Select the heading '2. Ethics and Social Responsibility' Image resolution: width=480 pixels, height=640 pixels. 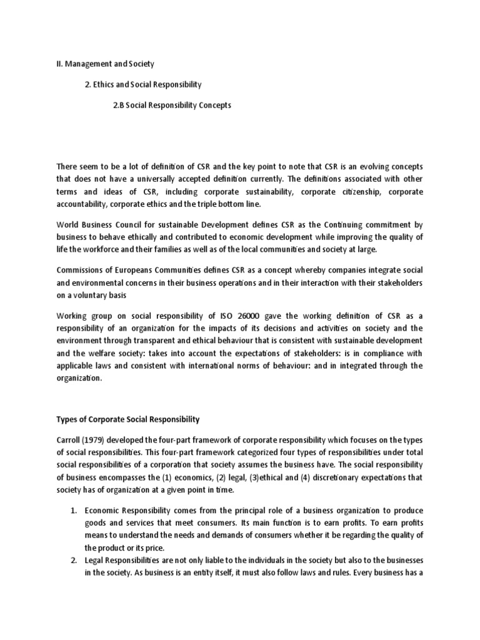coord(143,84)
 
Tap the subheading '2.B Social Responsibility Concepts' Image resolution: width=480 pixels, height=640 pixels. coord(172,105)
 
